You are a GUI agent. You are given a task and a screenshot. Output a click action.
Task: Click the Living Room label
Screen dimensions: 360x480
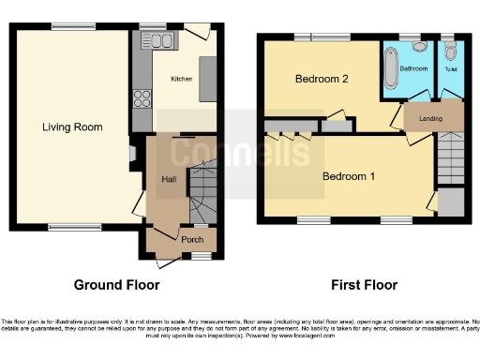71,127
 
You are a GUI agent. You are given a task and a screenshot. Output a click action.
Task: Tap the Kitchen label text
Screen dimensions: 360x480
181,80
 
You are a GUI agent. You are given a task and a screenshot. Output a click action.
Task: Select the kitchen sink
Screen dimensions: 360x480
157,40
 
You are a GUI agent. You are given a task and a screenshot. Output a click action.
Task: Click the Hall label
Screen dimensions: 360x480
169,180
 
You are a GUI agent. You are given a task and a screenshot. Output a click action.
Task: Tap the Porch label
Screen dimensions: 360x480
179,240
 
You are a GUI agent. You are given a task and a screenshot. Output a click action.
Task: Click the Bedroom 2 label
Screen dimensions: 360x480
322,80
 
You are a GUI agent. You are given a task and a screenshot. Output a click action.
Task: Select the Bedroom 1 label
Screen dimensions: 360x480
349,175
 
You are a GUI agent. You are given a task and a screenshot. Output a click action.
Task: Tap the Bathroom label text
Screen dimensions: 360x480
414,68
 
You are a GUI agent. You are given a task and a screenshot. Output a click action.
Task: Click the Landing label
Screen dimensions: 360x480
431,118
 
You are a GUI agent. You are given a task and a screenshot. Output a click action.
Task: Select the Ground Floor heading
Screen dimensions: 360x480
117,285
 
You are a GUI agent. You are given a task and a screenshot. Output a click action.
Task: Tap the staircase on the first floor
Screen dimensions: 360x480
449,155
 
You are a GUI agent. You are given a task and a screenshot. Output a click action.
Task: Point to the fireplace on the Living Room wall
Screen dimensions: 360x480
132,155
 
